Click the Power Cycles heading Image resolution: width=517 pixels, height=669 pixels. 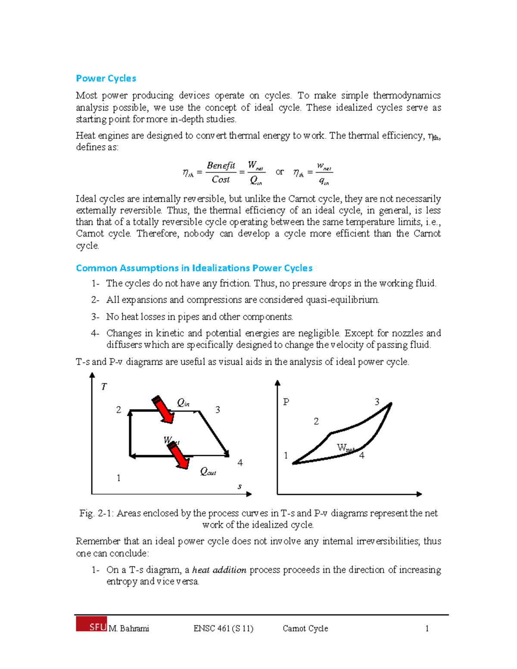pyautogui.click(x=106, y=78)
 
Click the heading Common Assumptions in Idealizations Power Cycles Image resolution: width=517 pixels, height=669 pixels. pyautogui.click(x=194, y=268)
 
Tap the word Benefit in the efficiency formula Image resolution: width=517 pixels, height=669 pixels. pyautogui.click(x=221, y=165)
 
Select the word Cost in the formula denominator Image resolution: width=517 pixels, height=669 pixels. pyautogui.click(x=221, y=180)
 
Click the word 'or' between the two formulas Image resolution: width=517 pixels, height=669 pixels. pyautogui.click(x=280, y=172)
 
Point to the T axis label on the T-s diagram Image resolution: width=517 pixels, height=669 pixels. pyautogui.click(x=104, y=387)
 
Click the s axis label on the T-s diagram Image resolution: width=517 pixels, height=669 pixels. pyautogui.click(x=240, y=487)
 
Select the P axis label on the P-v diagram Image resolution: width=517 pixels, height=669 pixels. pyautogui.click(x=286, y=402)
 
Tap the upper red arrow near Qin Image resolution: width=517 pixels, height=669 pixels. pyautogui.click(x=163, y=409)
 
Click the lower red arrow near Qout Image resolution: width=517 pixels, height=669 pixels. pyautogui.click(x=178, y=456)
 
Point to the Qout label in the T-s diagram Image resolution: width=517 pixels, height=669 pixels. pyautogui.click(x=208, y=472)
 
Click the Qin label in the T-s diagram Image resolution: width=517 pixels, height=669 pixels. pyautogui.click(x=183, y=403)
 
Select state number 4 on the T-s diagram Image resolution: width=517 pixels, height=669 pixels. pyautogui.click(x=240, y=463)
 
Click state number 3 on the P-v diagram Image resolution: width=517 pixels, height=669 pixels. pyautogui.click(x=377, y=402)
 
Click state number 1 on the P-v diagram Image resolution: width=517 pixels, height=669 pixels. pyautogui.click(x=286, y=456)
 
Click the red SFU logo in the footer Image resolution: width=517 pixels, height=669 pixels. pyautogui.click(x=91, y=624)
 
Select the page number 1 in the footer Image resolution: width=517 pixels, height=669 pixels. pyautogui.click(x=427, y=629)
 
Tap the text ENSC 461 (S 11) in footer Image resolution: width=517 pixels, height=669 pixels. pyautogui.click(x=223, y=629)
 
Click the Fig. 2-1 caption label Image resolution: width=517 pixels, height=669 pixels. pyautogui.click(x=96, y=513)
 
